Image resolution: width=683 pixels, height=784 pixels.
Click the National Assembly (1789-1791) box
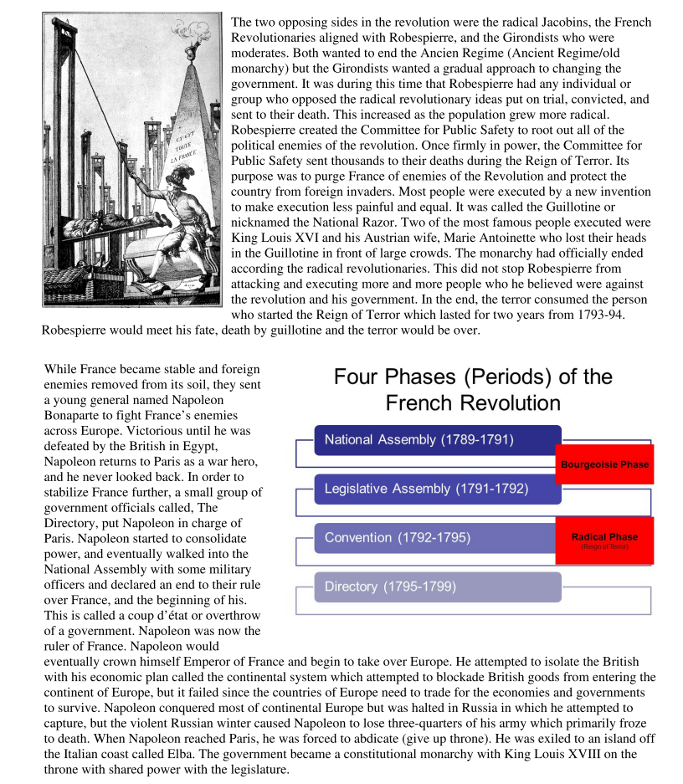pyautogui.click(x=437, y=440)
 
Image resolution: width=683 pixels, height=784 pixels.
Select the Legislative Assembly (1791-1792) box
pyautogui.click(x=437, y=489)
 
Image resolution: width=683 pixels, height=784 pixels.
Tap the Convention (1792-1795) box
pyautogui.click(x=437, y=537)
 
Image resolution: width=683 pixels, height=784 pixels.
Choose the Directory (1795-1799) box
pyautogui.click(x=437, y=587)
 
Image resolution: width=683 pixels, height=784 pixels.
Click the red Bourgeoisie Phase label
pyautogui.click(x=604, y=464)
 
